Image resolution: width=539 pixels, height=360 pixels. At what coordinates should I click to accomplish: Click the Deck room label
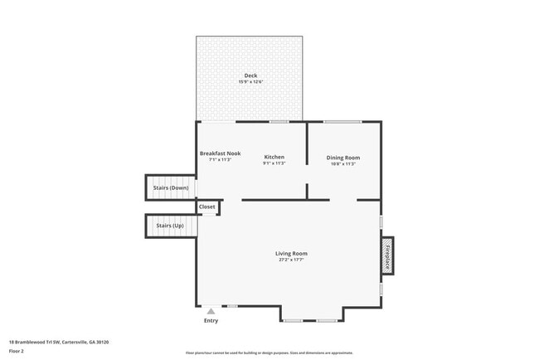pos(250,75)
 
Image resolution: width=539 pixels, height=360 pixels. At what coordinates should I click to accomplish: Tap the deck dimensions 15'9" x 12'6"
pos(250,82)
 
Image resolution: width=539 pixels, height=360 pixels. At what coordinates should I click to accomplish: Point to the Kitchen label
pos(274,157)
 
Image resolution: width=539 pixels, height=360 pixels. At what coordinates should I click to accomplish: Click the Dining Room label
pos(342,157)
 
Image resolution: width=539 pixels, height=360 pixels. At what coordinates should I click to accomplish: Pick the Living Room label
pos(292,253)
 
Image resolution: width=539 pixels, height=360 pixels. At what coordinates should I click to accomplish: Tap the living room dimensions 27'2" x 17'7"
pos(292,260)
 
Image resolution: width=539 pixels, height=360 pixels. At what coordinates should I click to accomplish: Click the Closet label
pos(207,207)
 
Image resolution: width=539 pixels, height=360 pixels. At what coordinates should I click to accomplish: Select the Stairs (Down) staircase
pos(171,187)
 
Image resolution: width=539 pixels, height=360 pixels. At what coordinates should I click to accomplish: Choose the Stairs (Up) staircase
pos(171,226)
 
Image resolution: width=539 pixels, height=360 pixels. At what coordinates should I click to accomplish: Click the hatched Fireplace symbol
pos(387,255)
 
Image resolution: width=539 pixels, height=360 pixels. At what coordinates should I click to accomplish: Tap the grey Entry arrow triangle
pos(211,311)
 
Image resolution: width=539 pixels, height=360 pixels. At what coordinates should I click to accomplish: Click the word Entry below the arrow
pos(211,320)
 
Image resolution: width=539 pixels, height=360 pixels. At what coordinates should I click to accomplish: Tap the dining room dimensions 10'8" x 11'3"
pos(342,163)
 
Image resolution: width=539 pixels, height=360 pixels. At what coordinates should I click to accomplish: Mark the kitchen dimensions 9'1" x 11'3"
pos(274,163)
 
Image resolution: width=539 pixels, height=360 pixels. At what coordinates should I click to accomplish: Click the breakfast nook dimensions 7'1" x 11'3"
pos(220,159)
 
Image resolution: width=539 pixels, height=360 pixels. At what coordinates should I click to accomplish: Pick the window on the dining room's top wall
pos(340,122)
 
